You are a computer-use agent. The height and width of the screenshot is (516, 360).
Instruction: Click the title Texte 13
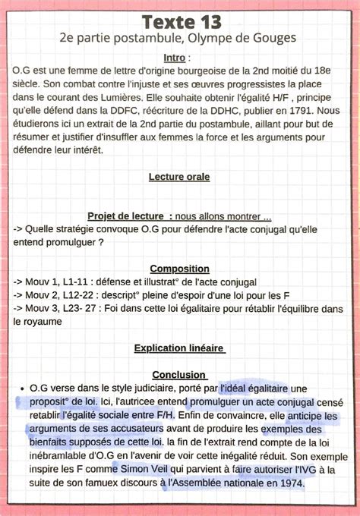click(x=181, y=19)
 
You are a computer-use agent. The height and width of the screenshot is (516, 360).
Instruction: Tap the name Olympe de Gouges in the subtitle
click(x=244, y=37)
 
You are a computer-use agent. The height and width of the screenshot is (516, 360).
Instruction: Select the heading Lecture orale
click(x=179, y=177)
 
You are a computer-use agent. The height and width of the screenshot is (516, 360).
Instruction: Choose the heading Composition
click(x=179, y=269)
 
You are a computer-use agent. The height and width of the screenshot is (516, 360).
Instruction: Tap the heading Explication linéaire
click(x=179, y=348)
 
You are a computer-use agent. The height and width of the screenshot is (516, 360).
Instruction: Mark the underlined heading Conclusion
click(x=179, y=374)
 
